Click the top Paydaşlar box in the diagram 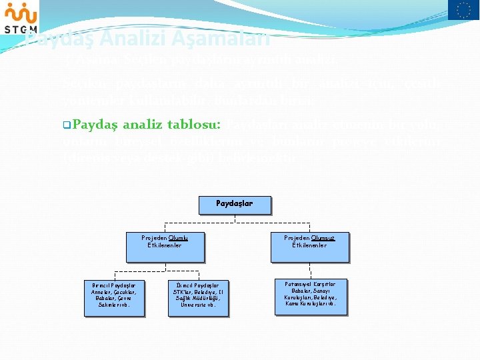(x=235, y=203)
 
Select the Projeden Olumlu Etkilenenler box (x=165, y=246)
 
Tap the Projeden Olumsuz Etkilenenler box (x=309, y=246)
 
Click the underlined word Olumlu (x=178, y=237)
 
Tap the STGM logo (x=20, y=18)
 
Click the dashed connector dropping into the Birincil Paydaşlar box (x=115, y=275)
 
